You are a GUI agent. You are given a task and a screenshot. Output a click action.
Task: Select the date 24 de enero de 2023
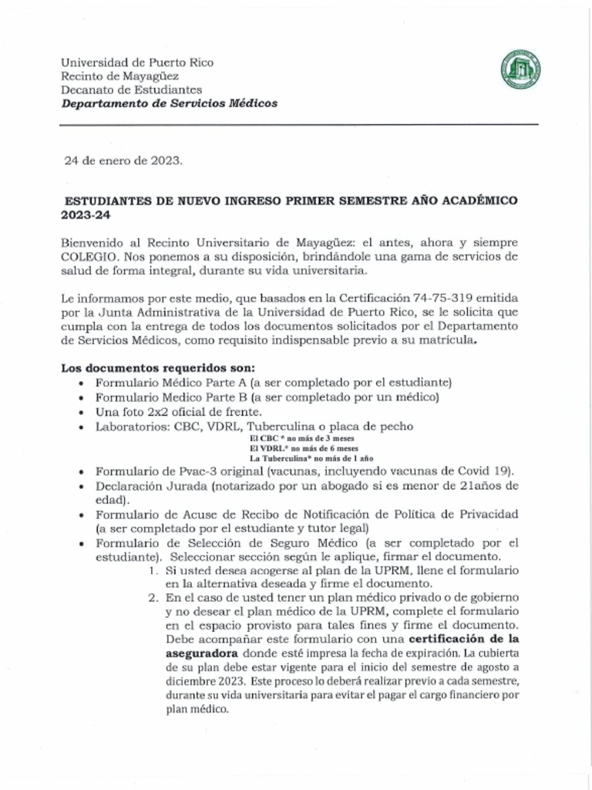pyautogui.click(x=123, y=160)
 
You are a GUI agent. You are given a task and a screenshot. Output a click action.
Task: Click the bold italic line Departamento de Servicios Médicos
pyautogui.click(x=170, y=103)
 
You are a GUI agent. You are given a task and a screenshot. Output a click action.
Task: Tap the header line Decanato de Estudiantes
pyautogui.click(x=132, y=89)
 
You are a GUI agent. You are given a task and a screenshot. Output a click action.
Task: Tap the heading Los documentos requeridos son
pyautogui.click(x=157, y=368)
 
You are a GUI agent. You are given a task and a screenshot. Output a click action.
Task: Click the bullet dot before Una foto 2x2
pyautogui.click(x=82, y=412)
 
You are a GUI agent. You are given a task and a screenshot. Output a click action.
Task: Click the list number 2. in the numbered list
pyautogui.click(x=153, y=597)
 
